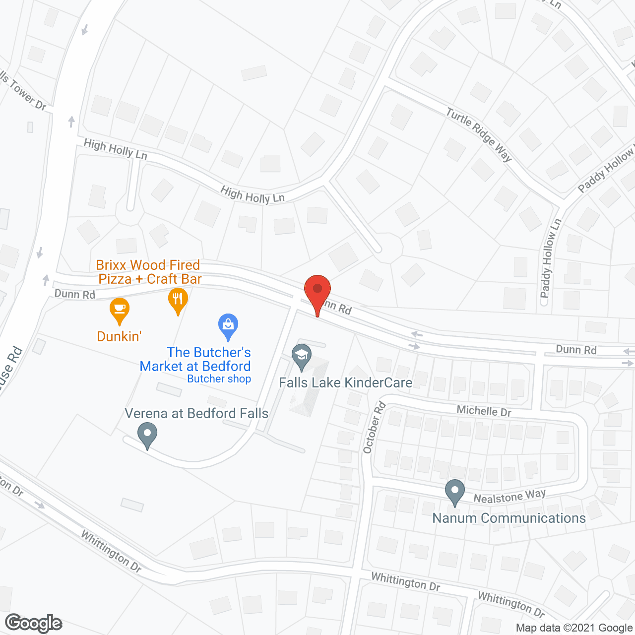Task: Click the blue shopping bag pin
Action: pyautogui.click(x=228, y=325)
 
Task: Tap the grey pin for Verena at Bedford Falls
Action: pyautogui.click(x=147, y=434)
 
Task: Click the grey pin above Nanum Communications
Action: pyautogui.click(x=454, y=492)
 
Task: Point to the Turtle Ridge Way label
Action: pyautogui.click(x=479, y=134)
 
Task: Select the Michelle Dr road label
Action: pyautogui.click(x=484, y=411)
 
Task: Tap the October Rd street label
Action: pyautogui.click(x=374, y=427)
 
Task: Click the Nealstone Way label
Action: pyautogui.click(x=509, y=496)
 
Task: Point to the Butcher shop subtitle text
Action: pyautogui.click(x=219, y=379)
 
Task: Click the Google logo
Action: pyautogui.click(x=34, y=623)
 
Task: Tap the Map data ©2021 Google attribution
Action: pyautogui.click(x=574, y=628)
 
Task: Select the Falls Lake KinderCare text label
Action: pyautogui.click(x=345, y=382)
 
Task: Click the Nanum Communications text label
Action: pyautogui.click(x=509, y=518)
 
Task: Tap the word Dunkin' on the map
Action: pyautogui.click(x=119, y=336)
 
